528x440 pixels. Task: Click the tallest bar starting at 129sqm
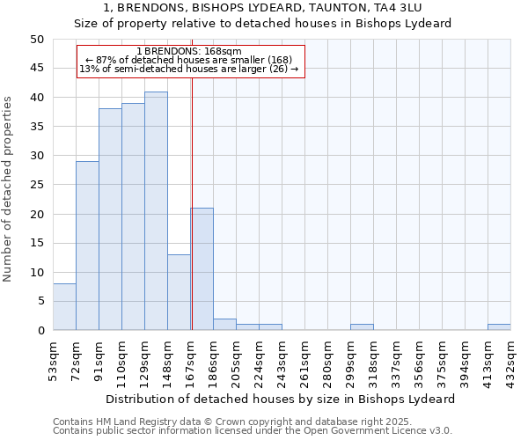(156, 211)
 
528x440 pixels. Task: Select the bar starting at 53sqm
(64, 307)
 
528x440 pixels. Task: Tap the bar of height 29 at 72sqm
(87, 246)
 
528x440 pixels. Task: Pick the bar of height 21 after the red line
(202, 269)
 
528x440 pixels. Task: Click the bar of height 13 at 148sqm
(179, 292)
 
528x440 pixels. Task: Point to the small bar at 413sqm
(499, 327)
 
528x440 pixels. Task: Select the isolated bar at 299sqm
(362, 327)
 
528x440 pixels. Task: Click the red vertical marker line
(192, 202)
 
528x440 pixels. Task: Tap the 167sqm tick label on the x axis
(191, 360)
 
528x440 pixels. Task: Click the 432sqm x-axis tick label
(511, 360)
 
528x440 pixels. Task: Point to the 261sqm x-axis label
(305, 360)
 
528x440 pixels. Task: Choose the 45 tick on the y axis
(37, 68)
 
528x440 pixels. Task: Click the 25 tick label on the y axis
(37, 185)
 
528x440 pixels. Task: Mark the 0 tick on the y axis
(40, 331)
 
